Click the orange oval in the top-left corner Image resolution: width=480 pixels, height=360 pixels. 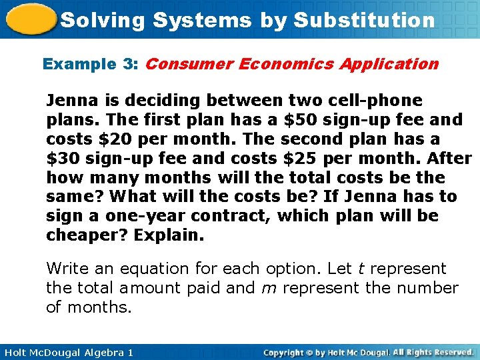coord(29,19)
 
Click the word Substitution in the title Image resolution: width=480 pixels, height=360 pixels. coord(363,20)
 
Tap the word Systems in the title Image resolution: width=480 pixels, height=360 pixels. coord(201,20)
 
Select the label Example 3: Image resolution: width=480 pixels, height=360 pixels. coord(91,64)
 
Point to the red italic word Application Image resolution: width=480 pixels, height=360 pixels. coord(389,64)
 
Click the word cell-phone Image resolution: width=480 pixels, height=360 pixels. coord(382,101)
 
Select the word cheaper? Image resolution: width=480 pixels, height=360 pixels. coord(86,235)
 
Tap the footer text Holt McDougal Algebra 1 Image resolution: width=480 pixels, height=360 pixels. coord(67,352)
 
